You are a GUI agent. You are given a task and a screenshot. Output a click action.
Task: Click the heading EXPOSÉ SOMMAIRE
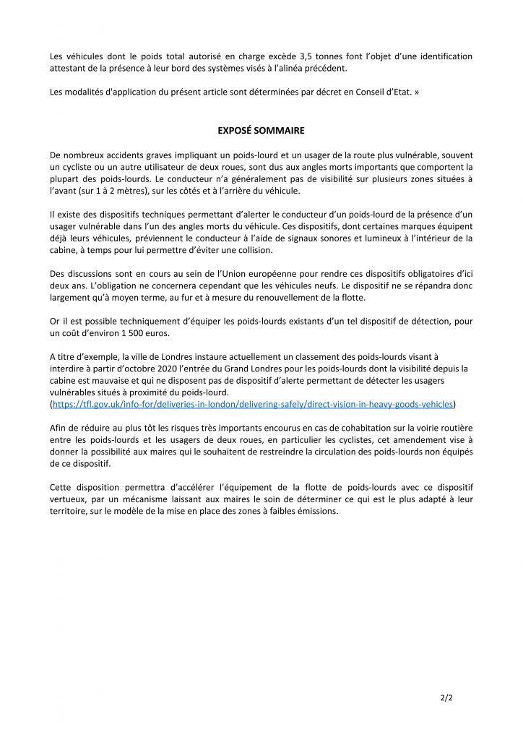(x=261, y=131)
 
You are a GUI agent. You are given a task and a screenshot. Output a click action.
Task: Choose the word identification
(x=442, y=56)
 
